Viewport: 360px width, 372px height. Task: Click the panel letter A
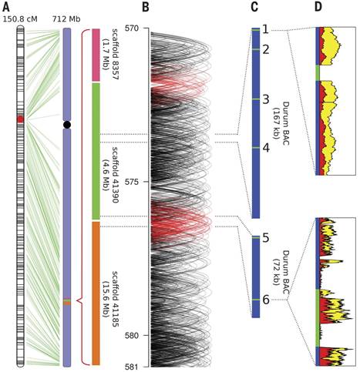[6, 7]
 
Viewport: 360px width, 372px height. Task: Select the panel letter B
[146, 7]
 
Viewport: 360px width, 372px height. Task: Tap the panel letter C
[254, 7]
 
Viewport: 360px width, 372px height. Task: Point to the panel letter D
[318, 7]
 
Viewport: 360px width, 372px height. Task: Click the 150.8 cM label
[20, 19]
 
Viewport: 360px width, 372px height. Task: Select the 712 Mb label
[66, 19]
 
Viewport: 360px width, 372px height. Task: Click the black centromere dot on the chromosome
[67, 125]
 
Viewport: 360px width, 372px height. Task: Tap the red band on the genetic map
[20, 119]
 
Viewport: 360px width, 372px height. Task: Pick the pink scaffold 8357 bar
[96, 55]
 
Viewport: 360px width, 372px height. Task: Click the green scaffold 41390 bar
[96, 151]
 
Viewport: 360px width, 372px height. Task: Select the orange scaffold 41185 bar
[96, 293]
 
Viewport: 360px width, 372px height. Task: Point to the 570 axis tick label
[133, 28]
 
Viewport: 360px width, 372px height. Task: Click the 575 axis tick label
[133, 182]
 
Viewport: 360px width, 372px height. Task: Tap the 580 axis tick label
[133, 336]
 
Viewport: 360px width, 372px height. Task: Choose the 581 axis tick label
[133, 367]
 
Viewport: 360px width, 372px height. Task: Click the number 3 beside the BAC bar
[266, 99]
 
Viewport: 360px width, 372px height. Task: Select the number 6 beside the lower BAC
[266, 300]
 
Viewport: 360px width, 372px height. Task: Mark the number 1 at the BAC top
[266, 30]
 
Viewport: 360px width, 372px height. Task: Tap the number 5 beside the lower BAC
[266, 238]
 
